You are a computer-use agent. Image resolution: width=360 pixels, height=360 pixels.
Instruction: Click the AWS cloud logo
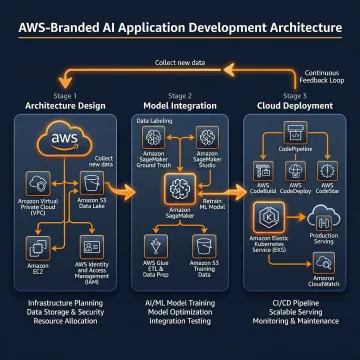point(64,140)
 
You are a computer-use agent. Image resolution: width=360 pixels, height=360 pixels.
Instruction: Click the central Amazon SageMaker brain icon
point(181,187)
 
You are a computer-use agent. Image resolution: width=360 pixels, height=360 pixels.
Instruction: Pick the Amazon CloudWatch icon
point(323,261)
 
